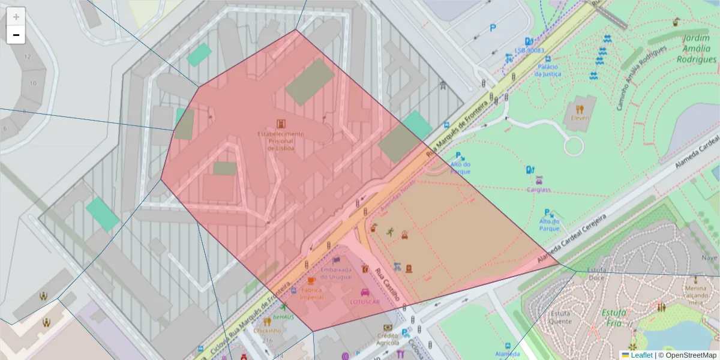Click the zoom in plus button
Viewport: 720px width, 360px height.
[16, 17]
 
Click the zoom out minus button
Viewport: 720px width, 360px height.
[16, 35]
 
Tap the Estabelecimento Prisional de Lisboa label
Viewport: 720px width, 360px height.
[280, 141]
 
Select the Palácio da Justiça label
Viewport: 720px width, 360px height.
[548, 70]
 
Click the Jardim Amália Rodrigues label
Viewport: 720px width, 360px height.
[696, 49]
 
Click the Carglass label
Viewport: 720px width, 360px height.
[539, 190]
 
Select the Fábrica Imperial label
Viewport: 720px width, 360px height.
[311, 293]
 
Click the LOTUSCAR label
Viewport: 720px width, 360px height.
[365, 302]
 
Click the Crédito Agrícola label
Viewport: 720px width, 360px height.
[388, 339]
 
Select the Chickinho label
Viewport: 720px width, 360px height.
[267, 331]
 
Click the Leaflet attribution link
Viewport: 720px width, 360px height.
[641, 355]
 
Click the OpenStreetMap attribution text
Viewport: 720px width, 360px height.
[690, 355]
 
